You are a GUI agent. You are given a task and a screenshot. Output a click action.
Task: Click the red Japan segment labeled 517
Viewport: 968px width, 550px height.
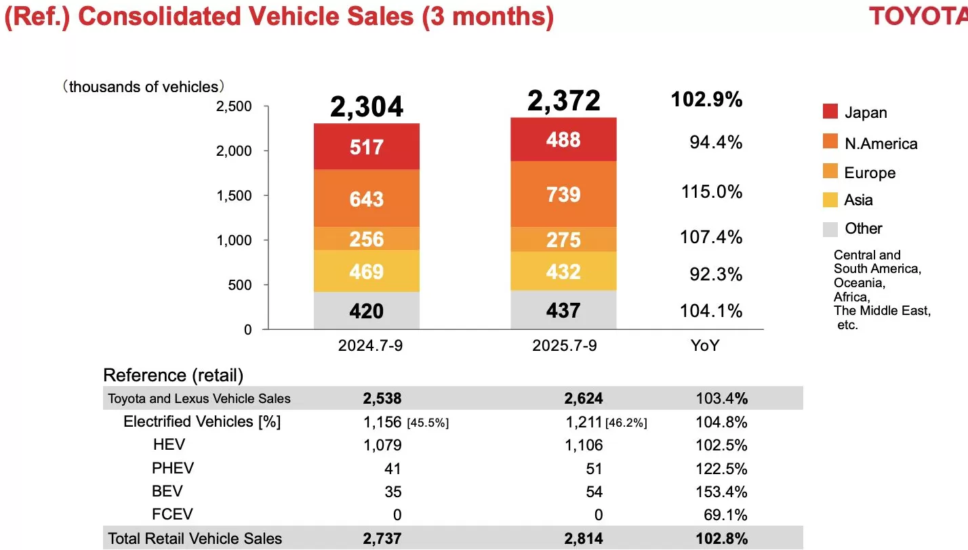(x=367, y=147)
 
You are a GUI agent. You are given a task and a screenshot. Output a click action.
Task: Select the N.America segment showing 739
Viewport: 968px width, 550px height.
(x=564, y=194)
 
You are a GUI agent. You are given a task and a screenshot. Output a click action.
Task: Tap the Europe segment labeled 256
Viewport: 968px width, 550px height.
(x=367, y=239)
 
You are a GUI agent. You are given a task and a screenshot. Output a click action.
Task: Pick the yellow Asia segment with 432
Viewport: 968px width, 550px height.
(x=564, y=272)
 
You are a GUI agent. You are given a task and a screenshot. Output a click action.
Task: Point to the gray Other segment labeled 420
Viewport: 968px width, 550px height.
(x=367, y=311)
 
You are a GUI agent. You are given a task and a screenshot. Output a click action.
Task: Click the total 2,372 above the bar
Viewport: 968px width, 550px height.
(x=564, y=101)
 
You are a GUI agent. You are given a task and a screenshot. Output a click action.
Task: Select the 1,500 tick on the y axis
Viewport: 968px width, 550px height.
(x=234, y=195)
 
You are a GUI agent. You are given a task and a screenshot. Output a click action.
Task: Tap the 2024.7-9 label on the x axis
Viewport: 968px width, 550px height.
(x=366, y=345)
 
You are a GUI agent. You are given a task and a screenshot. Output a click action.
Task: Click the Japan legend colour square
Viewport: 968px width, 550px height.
(x=830, y=112)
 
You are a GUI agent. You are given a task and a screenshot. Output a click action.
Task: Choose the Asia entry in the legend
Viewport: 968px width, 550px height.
(x=858, y=200)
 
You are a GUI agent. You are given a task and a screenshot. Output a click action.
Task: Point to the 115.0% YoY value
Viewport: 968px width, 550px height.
(x=712, y=192)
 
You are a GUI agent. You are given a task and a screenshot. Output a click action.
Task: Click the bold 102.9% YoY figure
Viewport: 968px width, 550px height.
(x=706, y=100)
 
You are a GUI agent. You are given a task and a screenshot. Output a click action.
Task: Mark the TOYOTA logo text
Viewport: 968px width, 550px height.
(x=918, y=16)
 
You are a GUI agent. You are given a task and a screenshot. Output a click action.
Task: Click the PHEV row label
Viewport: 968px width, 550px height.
(x=173, y=468)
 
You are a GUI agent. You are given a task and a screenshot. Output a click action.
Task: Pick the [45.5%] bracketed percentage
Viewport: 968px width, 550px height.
(x=428, y=423)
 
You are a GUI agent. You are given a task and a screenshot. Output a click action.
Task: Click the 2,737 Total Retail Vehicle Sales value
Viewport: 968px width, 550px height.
(x=382, y=539)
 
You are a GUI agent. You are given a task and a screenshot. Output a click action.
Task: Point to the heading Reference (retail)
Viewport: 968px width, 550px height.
(x=173, y=375)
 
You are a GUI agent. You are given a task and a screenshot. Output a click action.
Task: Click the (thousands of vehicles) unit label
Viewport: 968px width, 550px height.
(x=144, y=87)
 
